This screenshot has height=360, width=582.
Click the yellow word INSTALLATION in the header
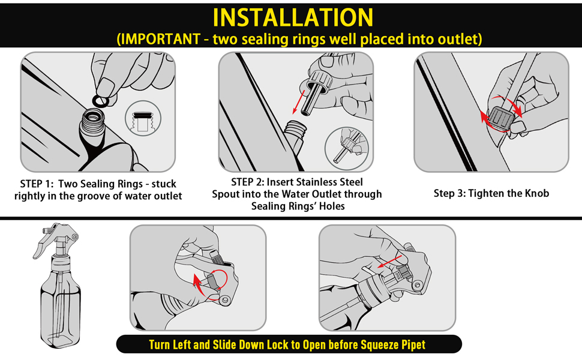(293, 17)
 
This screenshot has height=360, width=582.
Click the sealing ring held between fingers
(100, 100)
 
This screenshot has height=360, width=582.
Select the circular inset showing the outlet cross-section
(143, 118)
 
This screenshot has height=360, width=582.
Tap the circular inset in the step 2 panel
(347, 149)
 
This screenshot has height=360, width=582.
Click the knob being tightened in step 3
(501, 118)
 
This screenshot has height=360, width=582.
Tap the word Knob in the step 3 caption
(536, 193)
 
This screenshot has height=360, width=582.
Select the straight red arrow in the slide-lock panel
(389, 261)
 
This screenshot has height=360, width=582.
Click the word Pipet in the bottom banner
(413, 345)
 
